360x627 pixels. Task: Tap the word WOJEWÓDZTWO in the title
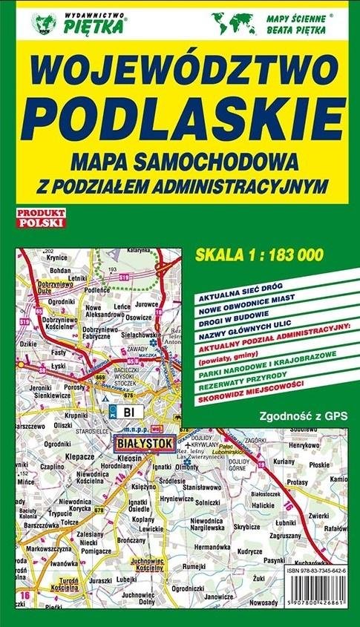click(x=180, y=74)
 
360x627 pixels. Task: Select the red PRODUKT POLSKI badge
click(x=42, y=217)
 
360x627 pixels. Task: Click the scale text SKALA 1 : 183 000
click(x=258, y=255)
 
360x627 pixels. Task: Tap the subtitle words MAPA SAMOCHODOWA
click(x=180, y=160)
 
